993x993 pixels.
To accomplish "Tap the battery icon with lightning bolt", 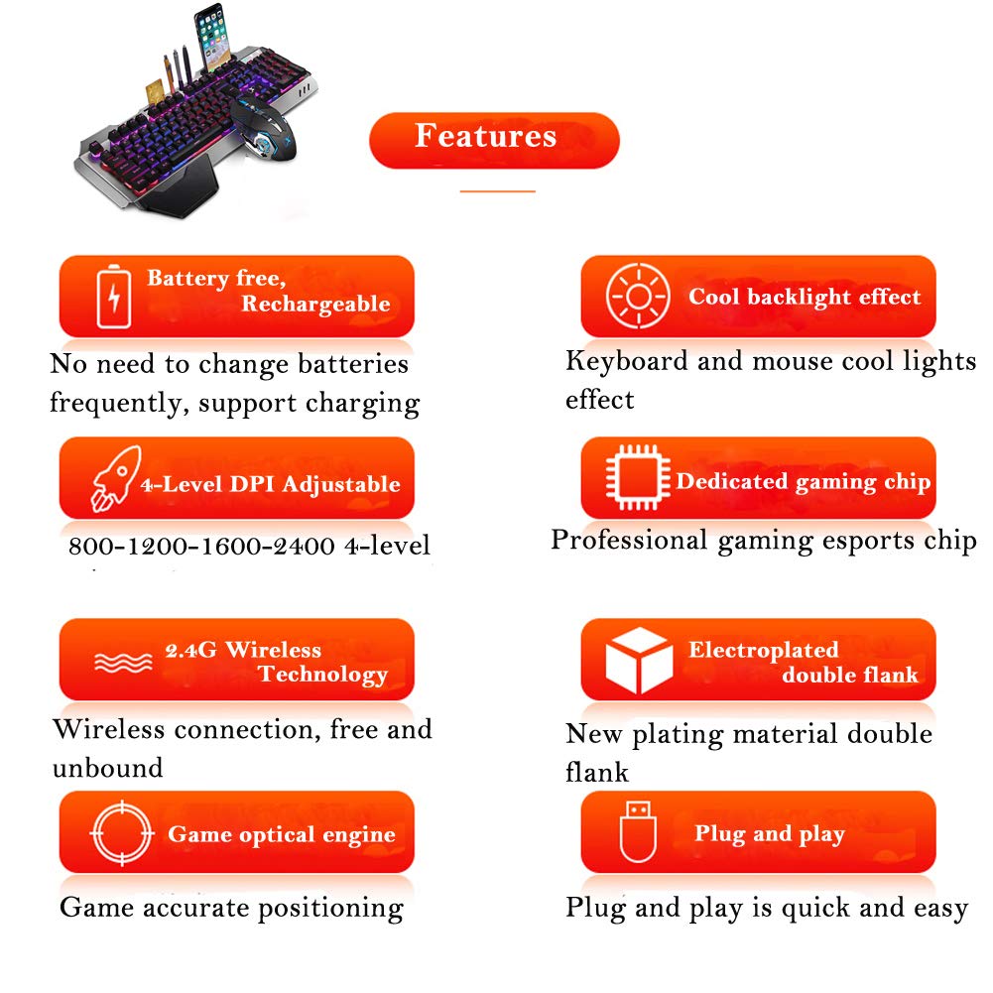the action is tap(112, 296).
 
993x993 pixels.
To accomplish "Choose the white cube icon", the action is tap(638, 660).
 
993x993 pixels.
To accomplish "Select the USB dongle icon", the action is tap(638, 834).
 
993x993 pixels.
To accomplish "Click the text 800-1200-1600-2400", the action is tap(201, 547).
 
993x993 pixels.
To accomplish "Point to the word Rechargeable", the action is tap(314, 305).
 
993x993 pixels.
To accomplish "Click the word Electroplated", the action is tap(763, 651).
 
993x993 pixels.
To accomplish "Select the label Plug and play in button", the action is tap(769, 834).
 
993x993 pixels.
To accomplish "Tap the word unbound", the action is tap(107, 769).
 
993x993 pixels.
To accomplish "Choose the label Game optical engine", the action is tap(281, 834).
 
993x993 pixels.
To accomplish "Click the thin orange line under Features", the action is tap(497, 190).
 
